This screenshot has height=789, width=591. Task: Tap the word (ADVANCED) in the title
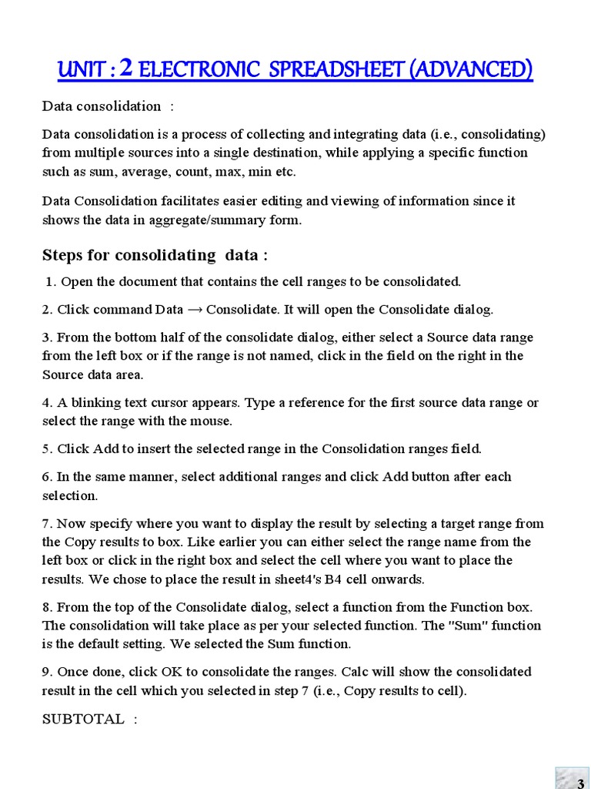point(470,70)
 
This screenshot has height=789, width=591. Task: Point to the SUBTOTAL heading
point(83,719)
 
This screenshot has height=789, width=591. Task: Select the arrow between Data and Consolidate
point(195,310)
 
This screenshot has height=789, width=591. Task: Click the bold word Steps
point(63,255)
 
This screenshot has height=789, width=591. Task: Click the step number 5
point(46,448)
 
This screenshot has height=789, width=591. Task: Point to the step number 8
point(46,606)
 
